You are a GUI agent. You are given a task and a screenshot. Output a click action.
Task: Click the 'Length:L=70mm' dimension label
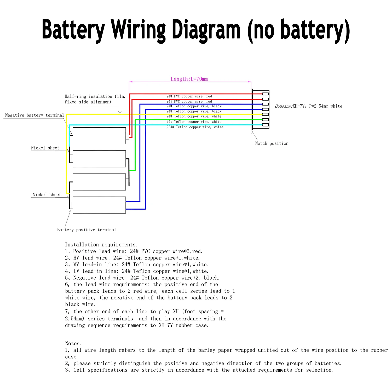189,79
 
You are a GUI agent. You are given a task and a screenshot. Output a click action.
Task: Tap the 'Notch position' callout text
272,143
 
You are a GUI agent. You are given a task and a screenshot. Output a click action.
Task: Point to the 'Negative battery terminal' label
34,115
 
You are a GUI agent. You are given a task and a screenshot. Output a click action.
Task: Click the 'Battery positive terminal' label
87,230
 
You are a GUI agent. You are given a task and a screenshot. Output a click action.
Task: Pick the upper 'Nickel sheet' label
45,148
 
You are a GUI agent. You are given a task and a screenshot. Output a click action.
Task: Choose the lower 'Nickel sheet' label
47,195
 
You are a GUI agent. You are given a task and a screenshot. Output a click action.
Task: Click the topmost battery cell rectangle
99,136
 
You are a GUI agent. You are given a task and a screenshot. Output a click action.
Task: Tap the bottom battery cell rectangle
99,205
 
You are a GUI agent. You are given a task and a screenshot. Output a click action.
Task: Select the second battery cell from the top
99,159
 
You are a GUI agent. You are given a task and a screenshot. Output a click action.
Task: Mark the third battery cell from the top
99,182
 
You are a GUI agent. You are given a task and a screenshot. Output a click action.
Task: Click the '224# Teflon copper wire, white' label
195,127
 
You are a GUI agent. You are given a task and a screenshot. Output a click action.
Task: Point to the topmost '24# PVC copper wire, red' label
189,96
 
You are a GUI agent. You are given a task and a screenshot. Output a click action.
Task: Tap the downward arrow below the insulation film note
120,109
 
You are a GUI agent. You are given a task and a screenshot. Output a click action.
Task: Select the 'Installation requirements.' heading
101,245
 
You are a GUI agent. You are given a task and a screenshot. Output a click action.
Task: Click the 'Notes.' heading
73,343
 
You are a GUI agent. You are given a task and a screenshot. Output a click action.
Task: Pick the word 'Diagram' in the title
206,30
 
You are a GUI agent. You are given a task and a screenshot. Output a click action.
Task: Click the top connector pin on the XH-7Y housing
266,94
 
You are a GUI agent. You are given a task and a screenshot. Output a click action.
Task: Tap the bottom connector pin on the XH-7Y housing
266,125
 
